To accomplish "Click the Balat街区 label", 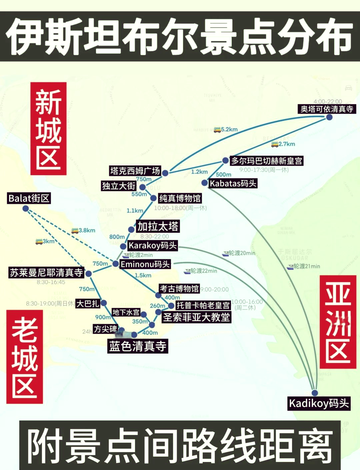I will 29,198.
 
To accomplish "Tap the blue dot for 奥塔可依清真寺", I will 329,117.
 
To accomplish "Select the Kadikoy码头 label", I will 319,403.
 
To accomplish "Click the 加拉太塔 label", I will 158,226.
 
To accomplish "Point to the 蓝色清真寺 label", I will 137,346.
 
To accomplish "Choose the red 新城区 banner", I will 49,129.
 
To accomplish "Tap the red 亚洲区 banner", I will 338,322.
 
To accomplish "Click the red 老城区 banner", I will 25,357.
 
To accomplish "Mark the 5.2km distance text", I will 229,129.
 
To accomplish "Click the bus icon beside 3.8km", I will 75,230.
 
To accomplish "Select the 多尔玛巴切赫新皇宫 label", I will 267,161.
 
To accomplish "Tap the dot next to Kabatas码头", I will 205,183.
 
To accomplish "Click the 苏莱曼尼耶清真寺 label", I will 46,273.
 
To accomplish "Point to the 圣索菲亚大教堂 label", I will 196,317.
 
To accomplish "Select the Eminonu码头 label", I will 145,264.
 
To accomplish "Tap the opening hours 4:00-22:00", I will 328,101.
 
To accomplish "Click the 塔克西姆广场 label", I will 135,171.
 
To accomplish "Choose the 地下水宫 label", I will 126,312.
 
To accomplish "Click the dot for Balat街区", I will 26,208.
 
